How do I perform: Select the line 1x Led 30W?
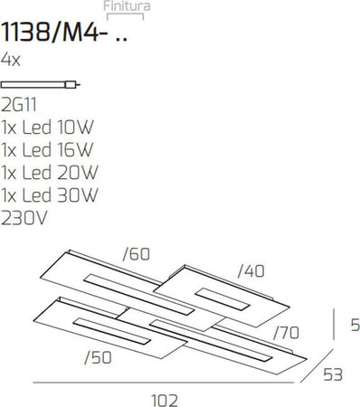(x=49, y=194)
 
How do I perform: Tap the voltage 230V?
(x=24, y=217)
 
